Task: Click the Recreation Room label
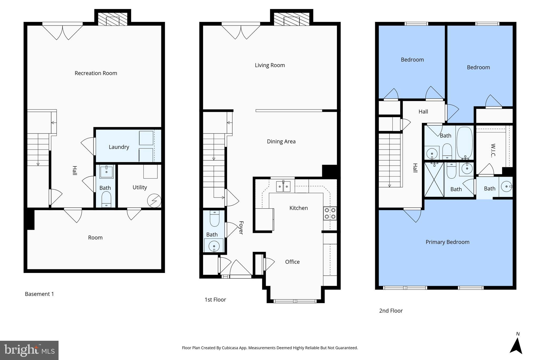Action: tap(96, 73)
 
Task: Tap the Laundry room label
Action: tap(119, 147)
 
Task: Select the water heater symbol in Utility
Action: tap(154, 201)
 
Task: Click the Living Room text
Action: tap(270, 65)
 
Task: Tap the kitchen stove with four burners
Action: tap(330, 213)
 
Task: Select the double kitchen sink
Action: tap(283, 186)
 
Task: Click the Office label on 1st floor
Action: tap(292, 262)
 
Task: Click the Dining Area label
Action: tap(281, 141)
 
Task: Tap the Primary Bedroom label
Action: tap(447, 242)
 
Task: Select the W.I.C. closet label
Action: tap(493, 150)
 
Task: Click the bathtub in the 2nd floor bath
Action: tap(465, 142)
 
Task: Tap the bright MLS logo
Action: tap(29, 350)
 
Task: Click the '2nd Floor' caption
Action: tap(391, 311)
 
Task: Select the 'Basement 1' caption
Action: tap(39, 294)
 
